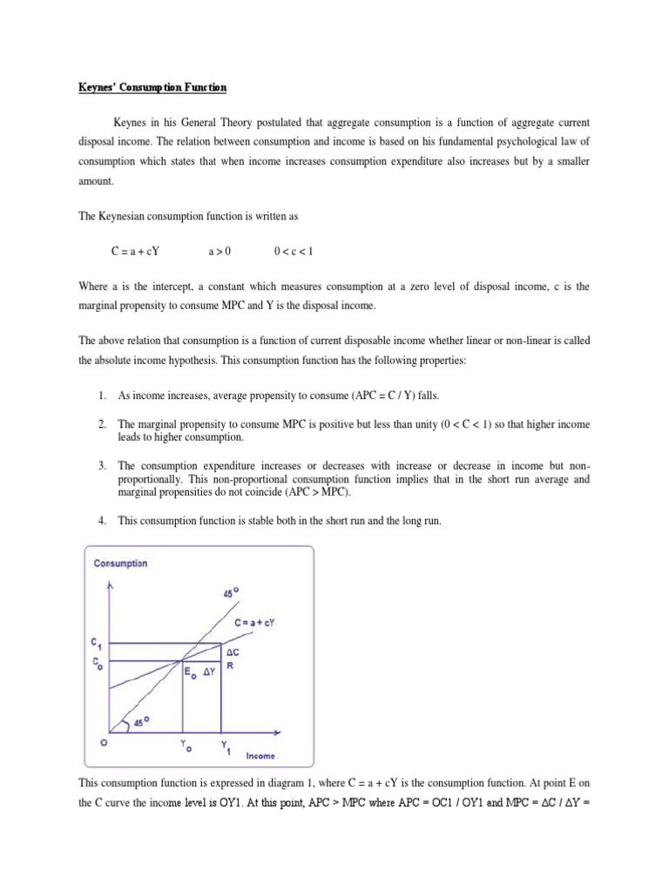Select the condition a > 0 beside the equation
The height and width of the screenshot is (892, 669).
[x=220, y=252]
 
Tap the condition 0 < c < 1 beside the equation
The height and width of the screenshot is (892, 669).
[x=293, y=252]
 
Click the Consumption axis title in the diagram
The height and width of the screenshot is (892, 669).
[x=121, y=563]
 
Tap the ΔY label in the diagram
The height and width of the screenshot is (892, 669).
[x=210, y=672]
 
